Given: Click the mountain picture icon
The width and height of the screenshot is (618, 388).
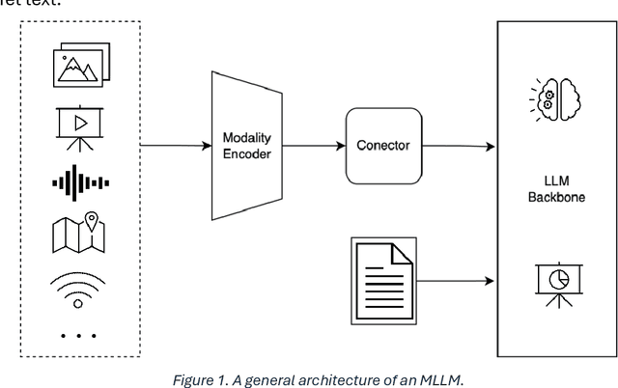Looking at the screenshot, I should (x=79, y=66).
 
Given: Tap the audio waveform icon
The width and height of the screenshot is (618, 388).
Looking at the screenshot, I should (x=79, y=182).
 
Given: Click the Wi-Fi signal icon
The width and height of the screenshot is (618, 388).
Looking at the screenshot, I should (x=79, y=287).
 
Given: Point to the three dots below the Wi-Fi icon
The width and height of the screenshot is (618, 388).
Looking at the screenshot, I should (x=79, y=335).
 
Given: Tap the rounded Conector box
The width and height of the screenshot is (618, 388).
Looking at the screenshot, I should (x=383, y=147).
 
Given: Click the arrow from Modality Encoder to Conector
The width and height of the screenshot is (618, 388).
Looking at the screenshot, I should (x=315, y=147).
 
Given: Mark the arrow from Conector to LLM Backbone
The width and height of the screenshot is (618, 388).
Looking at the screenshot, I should (x=459, y=147).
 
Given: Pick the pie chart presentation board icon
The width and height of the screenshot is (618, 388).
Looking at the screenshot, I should (x=552, y=280).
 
